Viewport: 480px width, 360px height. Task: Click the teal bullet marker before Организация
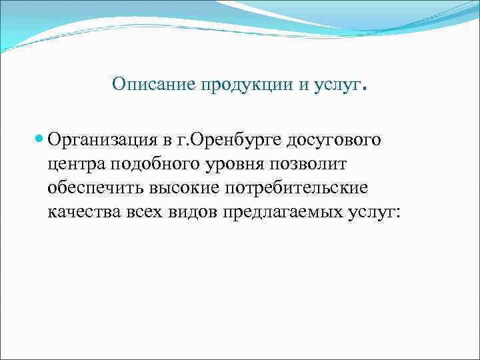pos(39,141)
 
